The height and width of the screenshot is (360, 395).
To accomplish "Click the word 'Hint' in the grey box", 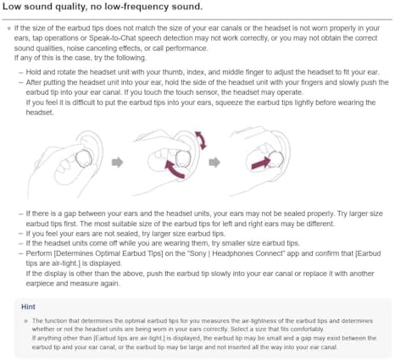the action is point(28,307).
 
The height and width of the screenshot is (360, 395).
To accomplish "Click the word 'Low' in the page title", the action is point(12,6).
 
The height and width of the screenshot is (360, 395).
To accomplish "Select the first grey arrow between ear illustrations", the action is point(118,162).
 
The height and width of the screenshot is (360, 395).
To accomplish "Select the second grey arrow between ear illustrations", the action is point(214,162).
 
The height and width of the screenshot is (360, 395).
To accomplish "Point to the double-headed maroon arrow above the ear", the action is point(202,141).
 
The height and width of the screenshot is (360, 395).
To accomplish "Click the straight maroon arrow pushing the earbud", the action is point(260,163).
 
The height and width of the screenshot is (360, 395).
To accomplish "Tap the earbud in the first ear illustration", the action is point(84,158).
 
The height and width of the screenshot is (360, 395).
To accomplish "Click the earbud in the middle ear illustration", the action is point(183,158).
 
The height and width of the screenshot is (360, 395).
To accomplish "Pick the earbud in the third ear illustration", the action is point(275,159).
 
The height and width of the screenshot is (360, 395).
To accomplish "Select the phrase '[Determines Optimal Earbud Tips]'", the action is point(108,253).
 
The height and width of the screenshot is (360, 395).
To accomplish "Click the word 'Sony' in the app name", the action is point(197,253).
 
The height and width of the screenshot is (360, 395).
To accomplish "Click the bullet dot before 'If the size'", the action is point(9,28).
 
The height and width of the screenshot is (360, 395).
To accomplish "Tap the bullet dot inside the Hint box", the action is point(26,321).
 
